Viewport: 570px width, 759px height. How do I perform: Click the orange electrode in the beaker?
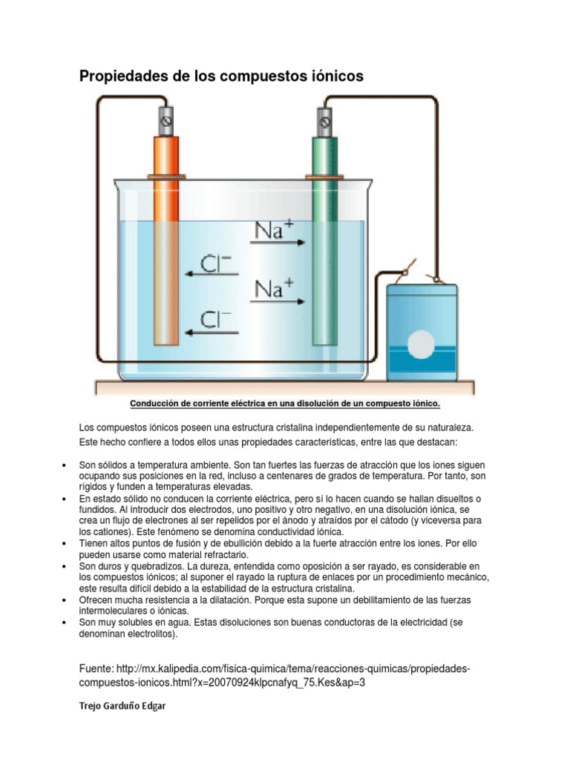click(x=166, y=245)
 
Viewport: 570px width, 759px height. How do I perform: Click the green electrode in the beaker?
click(x=324, y=245)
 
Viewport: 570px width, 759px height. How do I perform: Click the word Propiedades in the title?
click(x=121, y=76)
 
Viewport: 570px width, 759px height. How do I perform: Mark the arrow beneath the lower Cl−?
click(x=211, y=334)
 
